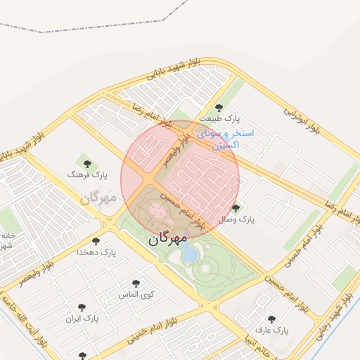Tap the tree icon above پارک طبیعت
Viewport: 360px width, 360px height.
[x=219, y=108]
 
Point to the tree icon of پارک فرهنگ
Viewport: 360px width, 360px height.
[x=88, y=164]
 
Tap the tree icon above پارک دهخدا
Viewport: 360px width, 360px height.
[x=95, y=240]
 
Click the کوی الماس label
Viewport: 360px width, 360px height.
[x=136, y=294]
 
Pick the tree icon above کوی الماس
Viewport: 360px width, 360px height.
[x=136, y=283]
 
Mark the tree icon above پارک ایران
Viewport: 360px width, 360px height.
[x=82, y=308]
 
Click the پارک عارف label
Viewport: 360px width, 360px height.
[x=272, y=330]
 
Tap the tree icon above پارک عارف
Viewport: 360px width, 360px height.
[x=271, y=319]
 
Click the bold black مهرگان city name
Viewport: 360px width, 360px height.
[x=168, y=238]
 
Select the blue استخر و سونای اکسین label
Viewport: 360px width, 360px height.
[x=226, y=139]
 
